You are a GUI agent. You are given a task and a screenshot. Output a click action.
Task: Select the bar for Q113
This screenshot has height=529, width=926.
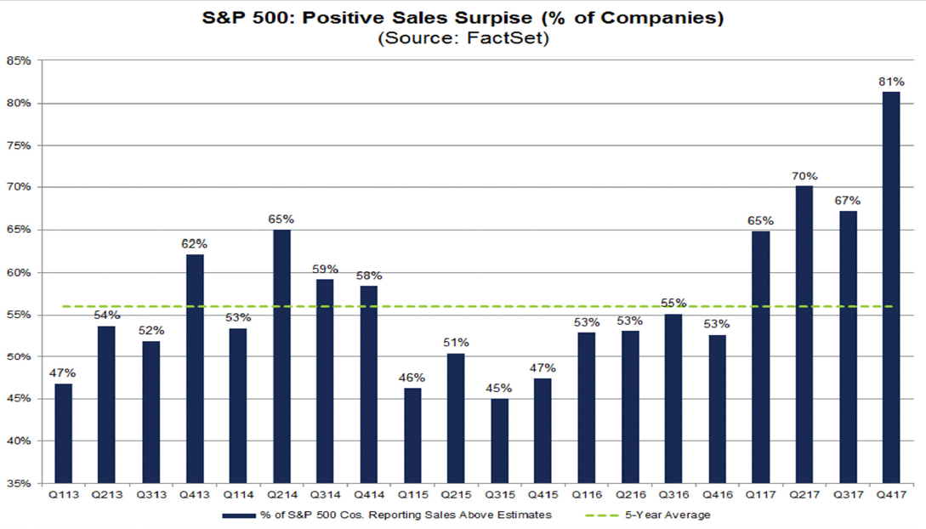[x=63, y=433]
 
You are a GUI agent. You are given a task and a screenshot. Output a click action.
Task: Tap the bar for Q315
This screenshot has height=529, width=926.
[x=499, y=441]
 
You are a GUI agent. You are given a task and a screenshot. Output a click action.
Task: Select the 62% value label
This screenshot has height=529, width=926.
[x=194, y=244]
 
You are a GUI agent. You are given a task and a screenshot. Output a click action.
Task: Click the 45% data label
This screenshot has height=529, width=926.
[x=499, y=389]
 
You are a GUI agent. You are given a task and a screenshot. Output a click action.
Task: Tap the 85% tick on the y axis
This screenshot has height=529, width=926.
[x=20, y=61]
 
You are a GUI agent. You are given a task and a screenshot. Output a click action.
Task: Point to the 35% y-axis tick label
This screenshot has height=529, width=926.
[x=20, y=483]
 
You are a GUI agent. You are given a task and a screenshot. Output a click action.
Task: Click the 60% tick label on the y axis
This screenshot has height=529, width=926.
[x=20, y=272]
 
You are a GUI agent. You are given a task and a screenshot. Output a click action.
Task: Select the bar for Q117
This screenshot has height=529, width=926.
[x=761, y=357]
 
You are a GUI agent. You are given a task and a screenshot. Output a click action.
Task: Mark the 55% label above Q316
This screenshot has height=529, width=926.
[x=673, y=304]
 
